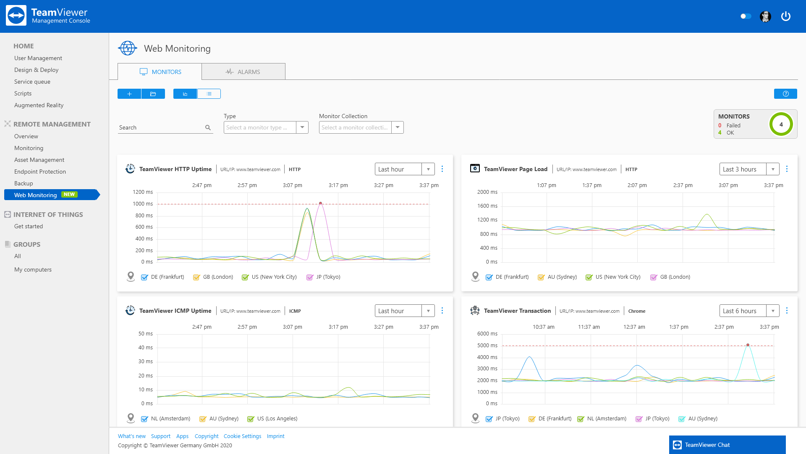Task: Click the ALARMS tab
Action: (243, 72)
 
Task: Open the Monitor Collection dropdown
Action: (397, 127)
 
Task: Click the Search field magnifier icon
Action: (208, 128)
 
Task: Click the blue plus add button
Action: (129, 94)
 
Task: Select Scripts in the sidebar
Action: (23, 93)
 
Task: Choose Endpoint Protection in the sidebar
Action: (40, 172)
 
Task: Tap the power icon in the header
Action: (785, 16)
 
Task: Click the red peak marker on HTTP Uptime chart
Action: (320, 203)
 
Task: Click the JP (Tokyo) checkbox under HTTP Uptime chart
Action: (310, 277)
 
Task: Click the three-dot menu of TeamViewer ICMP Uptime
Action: (442, 311)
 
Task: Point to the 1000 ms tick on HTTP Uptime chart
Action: (143, 204)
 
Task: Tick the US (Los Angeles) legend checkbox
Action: (251, 419)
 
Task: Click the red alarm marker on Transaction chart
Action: (748, 345)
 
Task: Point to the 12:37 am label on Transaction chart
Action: (634, 327)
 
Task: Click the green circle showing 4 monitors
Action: (781, 124)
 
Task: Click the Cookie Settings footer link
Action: (242, 436)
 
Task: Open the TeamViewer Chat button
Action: (727, 445)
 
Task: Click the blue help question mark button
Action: (785, 94)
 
